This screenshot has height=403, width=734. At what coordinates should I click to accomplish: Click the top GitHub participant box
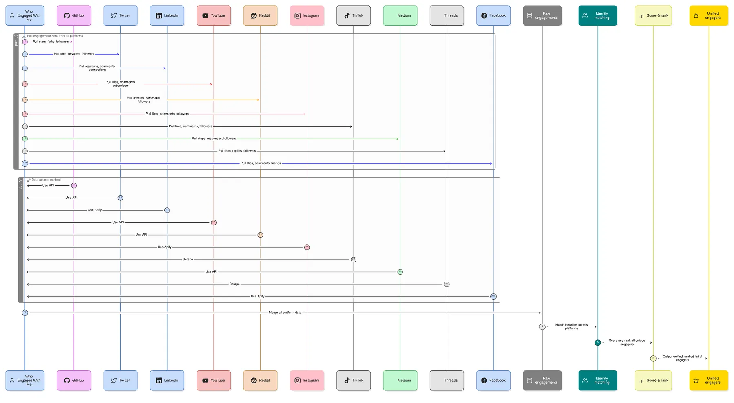74,15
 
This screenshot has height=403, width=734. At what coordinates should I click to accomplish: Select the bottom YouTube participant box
214,380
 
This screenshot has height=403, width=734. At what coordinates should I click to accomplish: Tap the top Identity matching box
597,15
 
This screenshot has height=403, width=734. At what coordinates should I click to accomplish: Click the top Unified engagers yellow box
708,15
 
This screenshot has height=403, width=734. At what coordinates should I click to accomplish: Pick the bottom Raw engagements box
542,380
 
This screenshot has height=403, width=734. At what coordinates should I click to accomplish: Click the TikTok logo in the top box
347,15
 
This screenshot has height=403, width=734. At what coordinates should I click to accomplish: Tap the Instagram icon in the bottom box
298,380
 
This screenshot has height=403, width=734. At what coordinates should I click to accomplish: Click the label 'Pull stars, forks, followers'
51,42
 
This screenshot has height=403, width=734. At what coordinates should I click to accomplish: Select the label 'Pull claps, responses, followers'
214,139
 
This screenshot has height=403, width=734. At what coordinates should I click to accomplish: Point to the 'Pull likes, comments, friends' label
261,163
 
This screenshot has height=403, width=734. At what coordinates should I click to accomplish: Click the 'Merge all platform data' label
285,313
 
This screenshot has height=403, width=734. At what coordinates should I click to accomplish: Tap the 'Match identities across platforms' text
571,326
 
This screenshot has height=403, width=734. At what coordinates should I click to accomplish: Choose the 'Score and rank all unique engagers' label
627,342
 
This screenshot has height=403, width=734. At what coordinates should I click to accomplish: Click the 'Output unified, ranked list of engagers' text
682,358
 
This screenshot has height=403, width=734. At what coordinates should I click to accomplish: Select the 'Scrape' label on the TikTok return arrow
188,259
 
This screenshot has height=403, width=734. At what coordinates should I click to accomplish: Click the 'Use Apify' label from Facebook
257,296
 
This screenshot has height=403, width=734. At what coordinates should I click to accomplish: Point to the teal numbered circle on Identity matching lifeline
597,342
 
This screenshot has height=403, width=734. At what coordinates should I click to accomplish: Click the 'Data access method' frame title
46,180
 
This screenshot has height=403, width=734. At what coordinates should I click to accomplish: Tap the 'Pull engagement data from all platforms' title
55,36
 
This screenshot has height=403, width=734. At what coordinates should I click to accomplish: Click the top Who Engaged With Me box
25,15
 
